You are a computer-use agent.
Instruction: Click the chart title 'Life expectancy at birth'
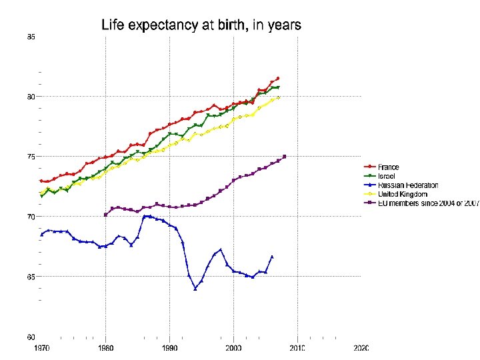[x=201, y=26]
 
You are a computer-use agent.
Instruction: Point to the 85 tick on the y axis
[x=31, y=37]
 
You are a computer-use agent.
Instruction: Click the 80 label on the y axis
[x=31, y=97]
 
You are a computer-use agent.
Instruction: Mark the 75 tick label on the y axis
[x=31, y=157]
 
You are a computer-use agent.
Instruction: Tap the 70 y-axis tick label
[x=31, y=217]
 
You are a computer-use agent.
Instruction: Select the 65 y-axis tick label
[x=31, y=277]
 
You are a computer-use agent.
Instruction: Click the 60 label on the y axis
[x=31, y=337]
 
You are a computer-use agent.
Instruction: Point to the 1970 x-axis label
[x=41, y=348]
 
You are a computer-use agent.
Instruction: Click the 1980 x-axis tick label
[x=105, y=348]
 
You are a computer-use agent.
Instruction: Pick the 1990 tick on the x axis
[x=169, y=348]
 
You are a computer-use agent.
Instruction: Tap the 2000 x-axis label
[x=233, y=348]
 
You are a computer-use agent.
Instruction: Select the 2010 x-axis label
[x=297, y=348]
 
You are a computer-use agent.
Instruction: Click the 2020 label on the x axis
[x=361, y=348]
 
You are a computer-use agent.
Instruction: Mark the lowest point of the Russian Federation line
[x=195, y=289]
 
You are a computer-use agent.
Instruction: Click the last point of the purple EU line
[x=285, y=157]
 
